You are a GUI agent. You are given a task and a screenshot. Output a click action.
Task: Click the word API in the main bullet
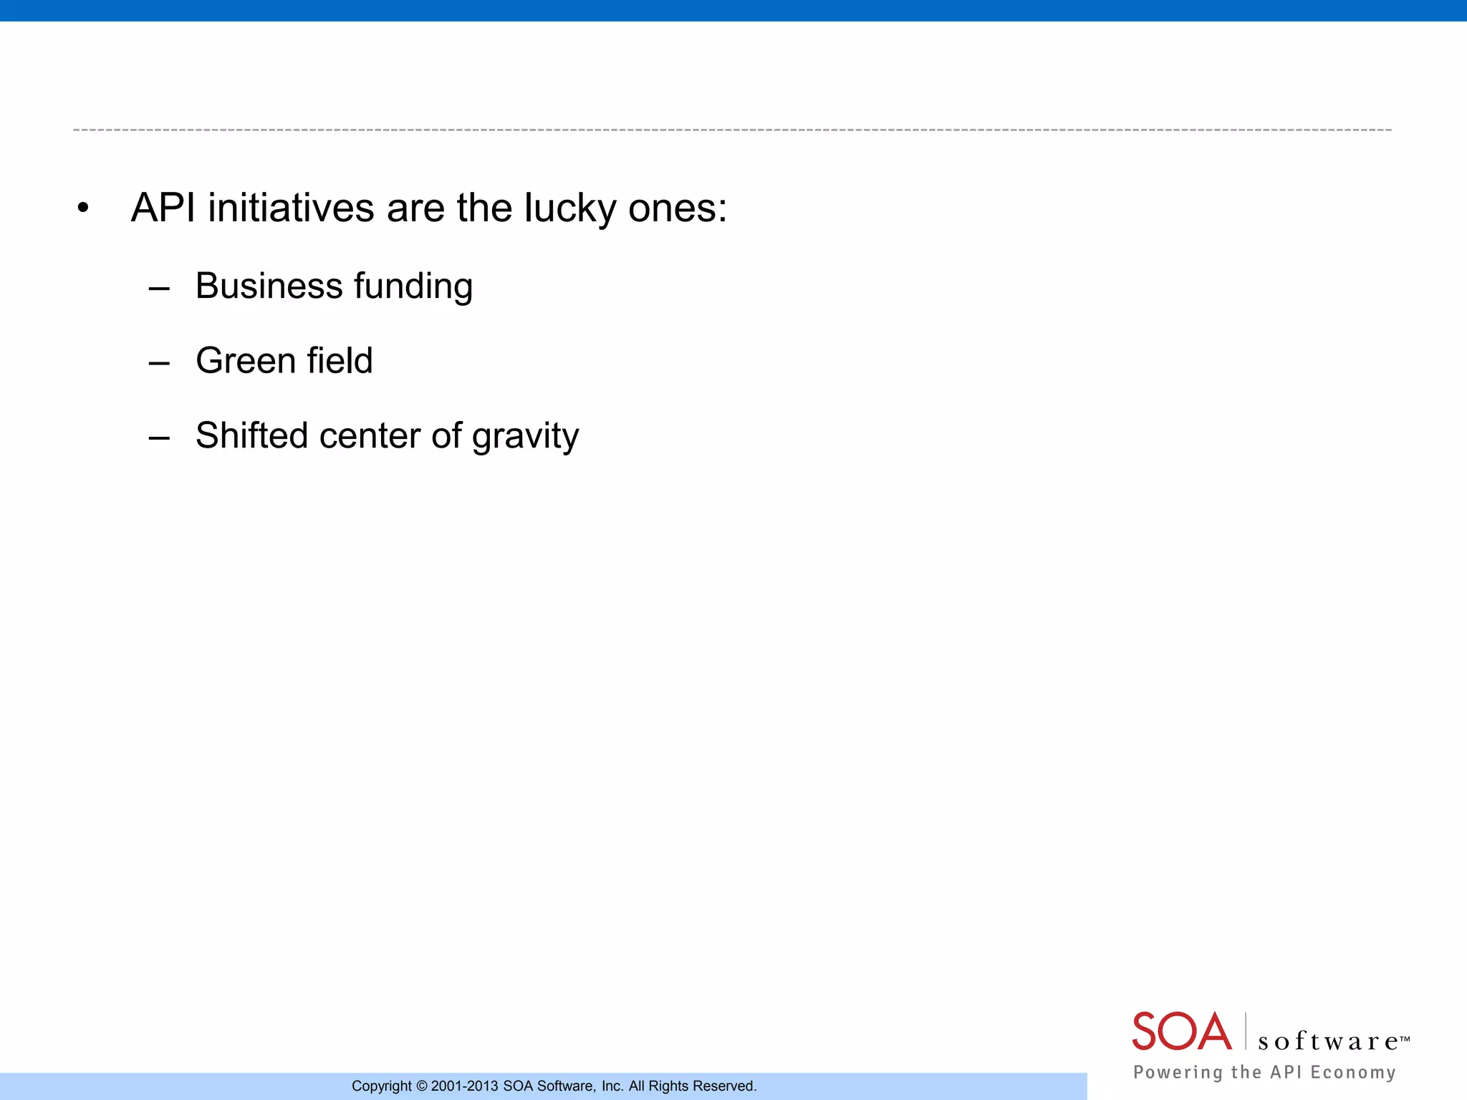coord(163,208)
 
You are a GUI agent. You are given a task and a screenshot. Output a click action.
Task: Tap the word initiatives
coord(292,208)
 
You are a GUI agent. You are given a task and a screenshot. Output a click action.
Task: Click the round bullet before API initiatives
coord(84,209)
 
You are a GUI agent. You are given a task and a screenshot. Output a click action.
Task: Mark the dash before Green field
coord(159,364)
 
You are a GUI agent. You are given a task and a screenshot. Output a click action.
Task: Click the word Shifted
coord(251,435)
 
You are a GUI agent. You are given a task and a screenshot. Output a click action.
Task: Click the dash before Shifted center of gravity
coord(159,438)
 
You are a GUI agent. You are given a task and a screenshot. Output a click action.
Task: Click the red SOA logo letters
coord(1182,1032)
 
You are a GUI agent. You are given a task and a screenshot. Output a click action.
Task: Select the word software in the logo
coord(1329,1041)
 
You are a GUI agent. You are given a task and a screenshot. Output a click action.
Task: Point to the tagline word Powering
coord(1178,1072)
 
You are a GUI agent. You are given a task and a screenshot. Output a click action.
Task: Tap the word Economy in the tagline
coord(1353,1072)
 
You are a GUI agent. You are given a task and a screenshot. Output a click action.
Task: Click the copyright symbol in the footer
coord(421,1086)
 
